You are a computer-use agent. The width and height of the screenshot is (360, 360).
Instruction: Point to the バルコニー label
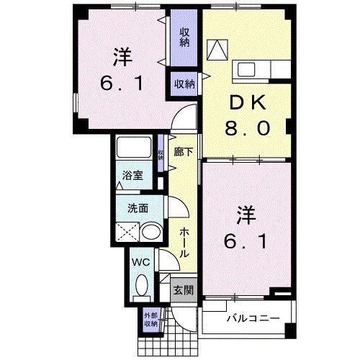point(249,317)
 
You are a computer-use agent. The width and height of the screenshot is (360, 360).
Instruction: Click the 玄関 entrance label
point(183,290)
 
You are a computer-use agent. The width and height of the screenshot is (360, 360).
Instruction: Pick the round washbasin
point(150,231)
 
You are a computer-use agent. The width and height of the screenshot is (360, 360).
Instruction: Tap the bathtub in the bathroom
point(134,148)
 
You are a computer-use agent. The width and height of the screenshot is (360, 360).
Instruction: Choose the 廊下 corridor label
point(183,152)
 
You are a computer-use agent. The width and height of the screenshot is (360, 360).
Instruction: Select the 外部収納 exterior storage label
point(150,319)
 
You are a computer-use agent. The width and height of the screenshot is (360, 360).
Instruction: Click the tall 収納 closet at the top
point(185,36)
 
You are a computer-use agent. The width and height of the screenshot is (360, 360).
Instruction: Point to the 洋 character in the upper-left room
point(122,55)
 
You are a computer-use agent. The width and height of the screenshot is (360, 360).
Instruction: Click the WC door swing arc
point(166,260)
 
